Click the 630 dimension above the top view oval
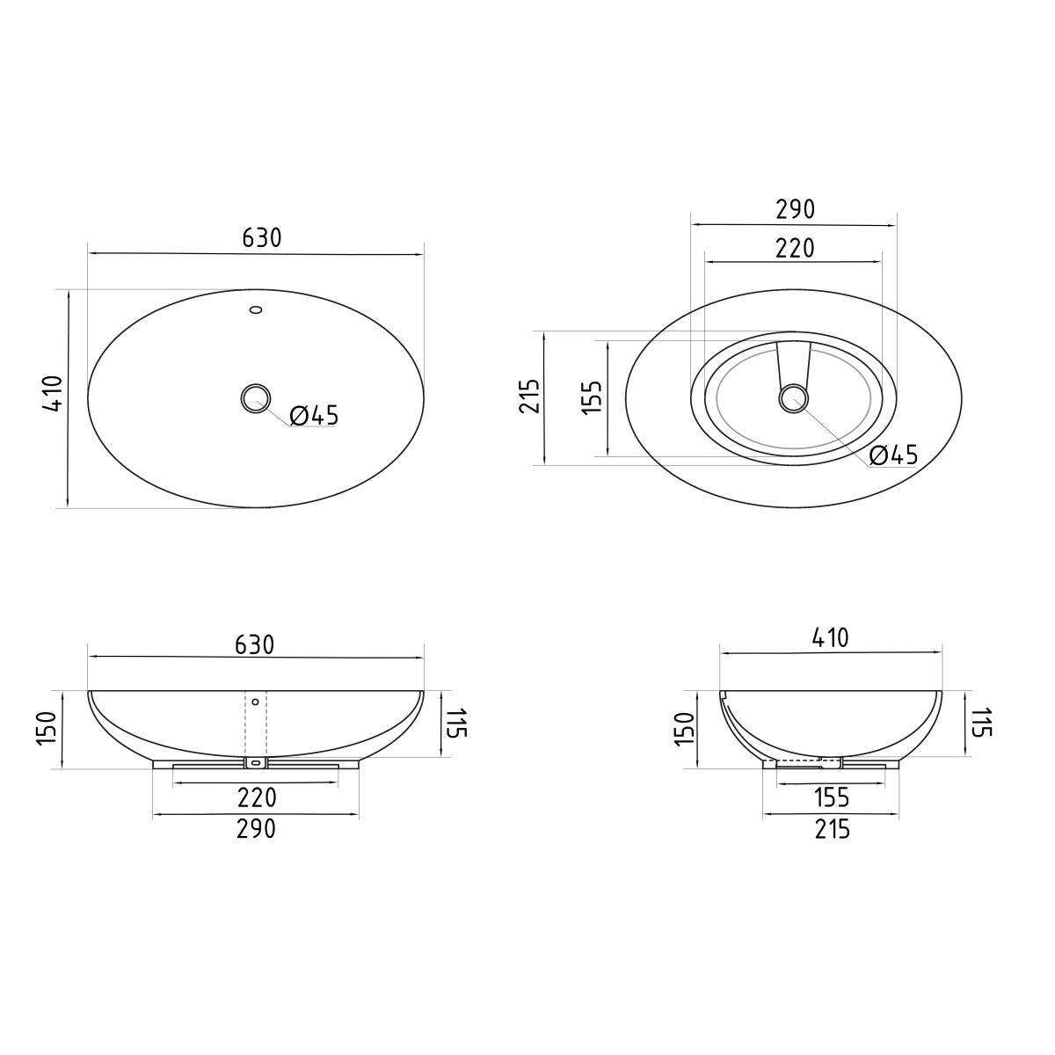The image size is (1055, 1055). pos(262,238)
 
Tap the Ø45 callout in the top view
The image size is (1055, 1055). pos(314,416)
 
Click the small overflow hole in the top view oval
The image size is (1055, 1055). pos(256,309)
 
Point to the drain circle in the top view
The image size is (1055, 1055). pos(256,398)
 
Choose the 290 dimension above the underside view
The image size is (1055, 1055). pos(796,209)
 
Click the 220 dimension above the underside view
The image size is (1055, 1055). pos(795,248)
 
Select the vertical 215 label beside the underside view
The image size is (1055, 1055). pos(530,396)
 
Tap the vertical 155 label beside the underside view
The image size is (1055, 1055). pos(593,397)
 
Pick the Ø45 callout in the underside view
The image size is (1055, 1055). pos(894,455)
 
